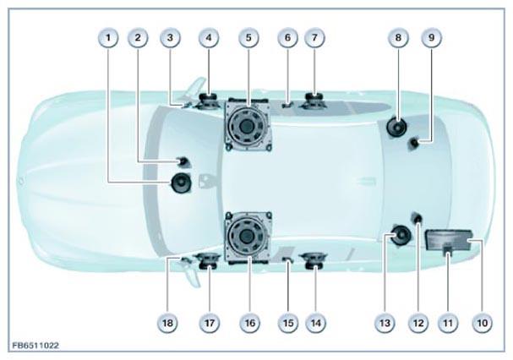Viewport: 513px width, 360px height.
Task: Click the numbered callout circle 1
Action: pos(108,38)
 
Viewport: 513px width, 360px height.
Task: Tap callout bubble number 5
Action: pos(248,38)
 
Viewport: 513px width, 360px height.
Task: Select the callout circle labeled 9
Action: pos(431,38)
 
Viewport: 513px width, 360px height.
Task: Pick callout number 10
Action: pos(483,323)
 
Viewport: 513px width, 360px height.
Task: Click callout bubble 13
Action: pos(385,323)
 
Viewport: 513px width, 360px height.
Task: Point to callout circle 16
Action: pos(249,323)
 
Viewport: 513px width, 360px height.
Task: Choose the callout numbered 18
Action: pos(167,323)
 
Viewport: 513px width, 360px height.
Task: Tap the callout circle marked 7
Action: pos(314,38)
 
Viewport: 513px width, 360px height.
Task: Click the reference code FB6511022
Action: pos(35,346)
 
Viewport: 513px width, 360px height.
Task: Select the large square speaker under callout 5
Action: pos(248,125)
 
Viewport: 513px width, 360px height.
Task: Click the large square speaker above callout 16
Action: pos(248,237)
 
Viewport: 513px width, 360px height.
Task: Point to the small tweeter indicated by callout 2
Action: pos(183,161)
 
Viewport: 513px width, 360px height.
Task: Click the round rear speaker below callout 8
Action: pos(396,128)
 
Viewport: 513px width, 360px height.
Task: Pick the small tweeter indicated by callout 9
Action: pos(414,144)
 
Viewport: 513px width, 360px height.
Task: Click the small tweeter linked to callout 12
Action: pos(417,218)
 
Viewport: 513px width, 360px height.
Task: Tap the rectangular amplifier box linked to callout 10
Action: pos(449,240)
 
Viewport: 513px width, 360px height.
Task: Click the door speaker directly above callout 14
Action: pos(314,261)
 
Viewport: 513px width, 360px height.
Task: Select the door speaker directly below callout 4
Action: pos(207,101)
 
